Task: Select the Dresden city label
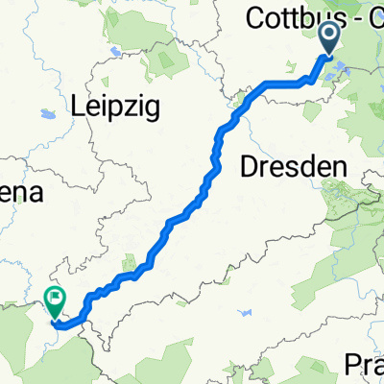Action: tap(289, 165)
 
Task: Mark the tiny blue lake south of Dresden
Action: tap(248, 314)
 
